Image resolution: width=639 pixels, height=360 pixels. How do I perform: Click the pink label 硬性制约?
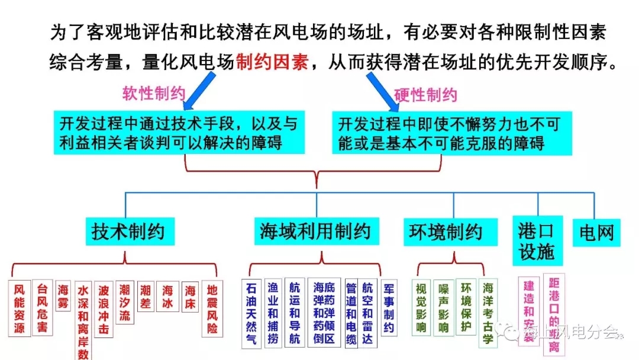click(x=426, y=95)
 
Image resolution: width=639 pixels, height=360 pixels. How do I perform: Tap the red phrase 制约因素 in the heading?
click(x=272, y=62)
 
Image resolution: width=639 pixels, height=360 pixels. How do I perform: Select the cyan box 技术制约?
click(x=128, y=231)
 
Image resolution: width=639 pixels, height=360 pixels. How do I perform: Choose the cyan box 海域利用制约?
click(x=315, y=231)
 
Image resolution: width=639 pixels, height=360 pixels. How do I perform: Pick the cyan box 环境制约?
click(x=446, y=232)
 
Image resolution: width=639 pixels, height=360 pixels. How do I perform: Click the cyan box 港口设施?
click(x=536, y=240)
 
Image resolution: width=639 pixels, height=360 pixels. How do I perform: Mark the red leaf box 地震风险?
click(x=212, y=309)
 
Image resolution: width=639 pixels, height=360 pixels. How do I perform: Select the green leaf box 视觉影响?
click(x=421, y=307)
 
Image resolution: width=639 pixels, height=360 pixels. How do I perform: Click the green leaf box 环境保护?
click(x=466, y=307)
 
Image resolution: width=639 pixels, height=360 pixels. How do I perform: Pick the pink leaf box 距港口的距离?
click(x=554, y=314)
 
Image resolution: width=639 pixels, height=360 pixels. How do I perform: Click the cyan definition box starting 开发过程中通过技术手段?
click(x=178, y=133)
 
